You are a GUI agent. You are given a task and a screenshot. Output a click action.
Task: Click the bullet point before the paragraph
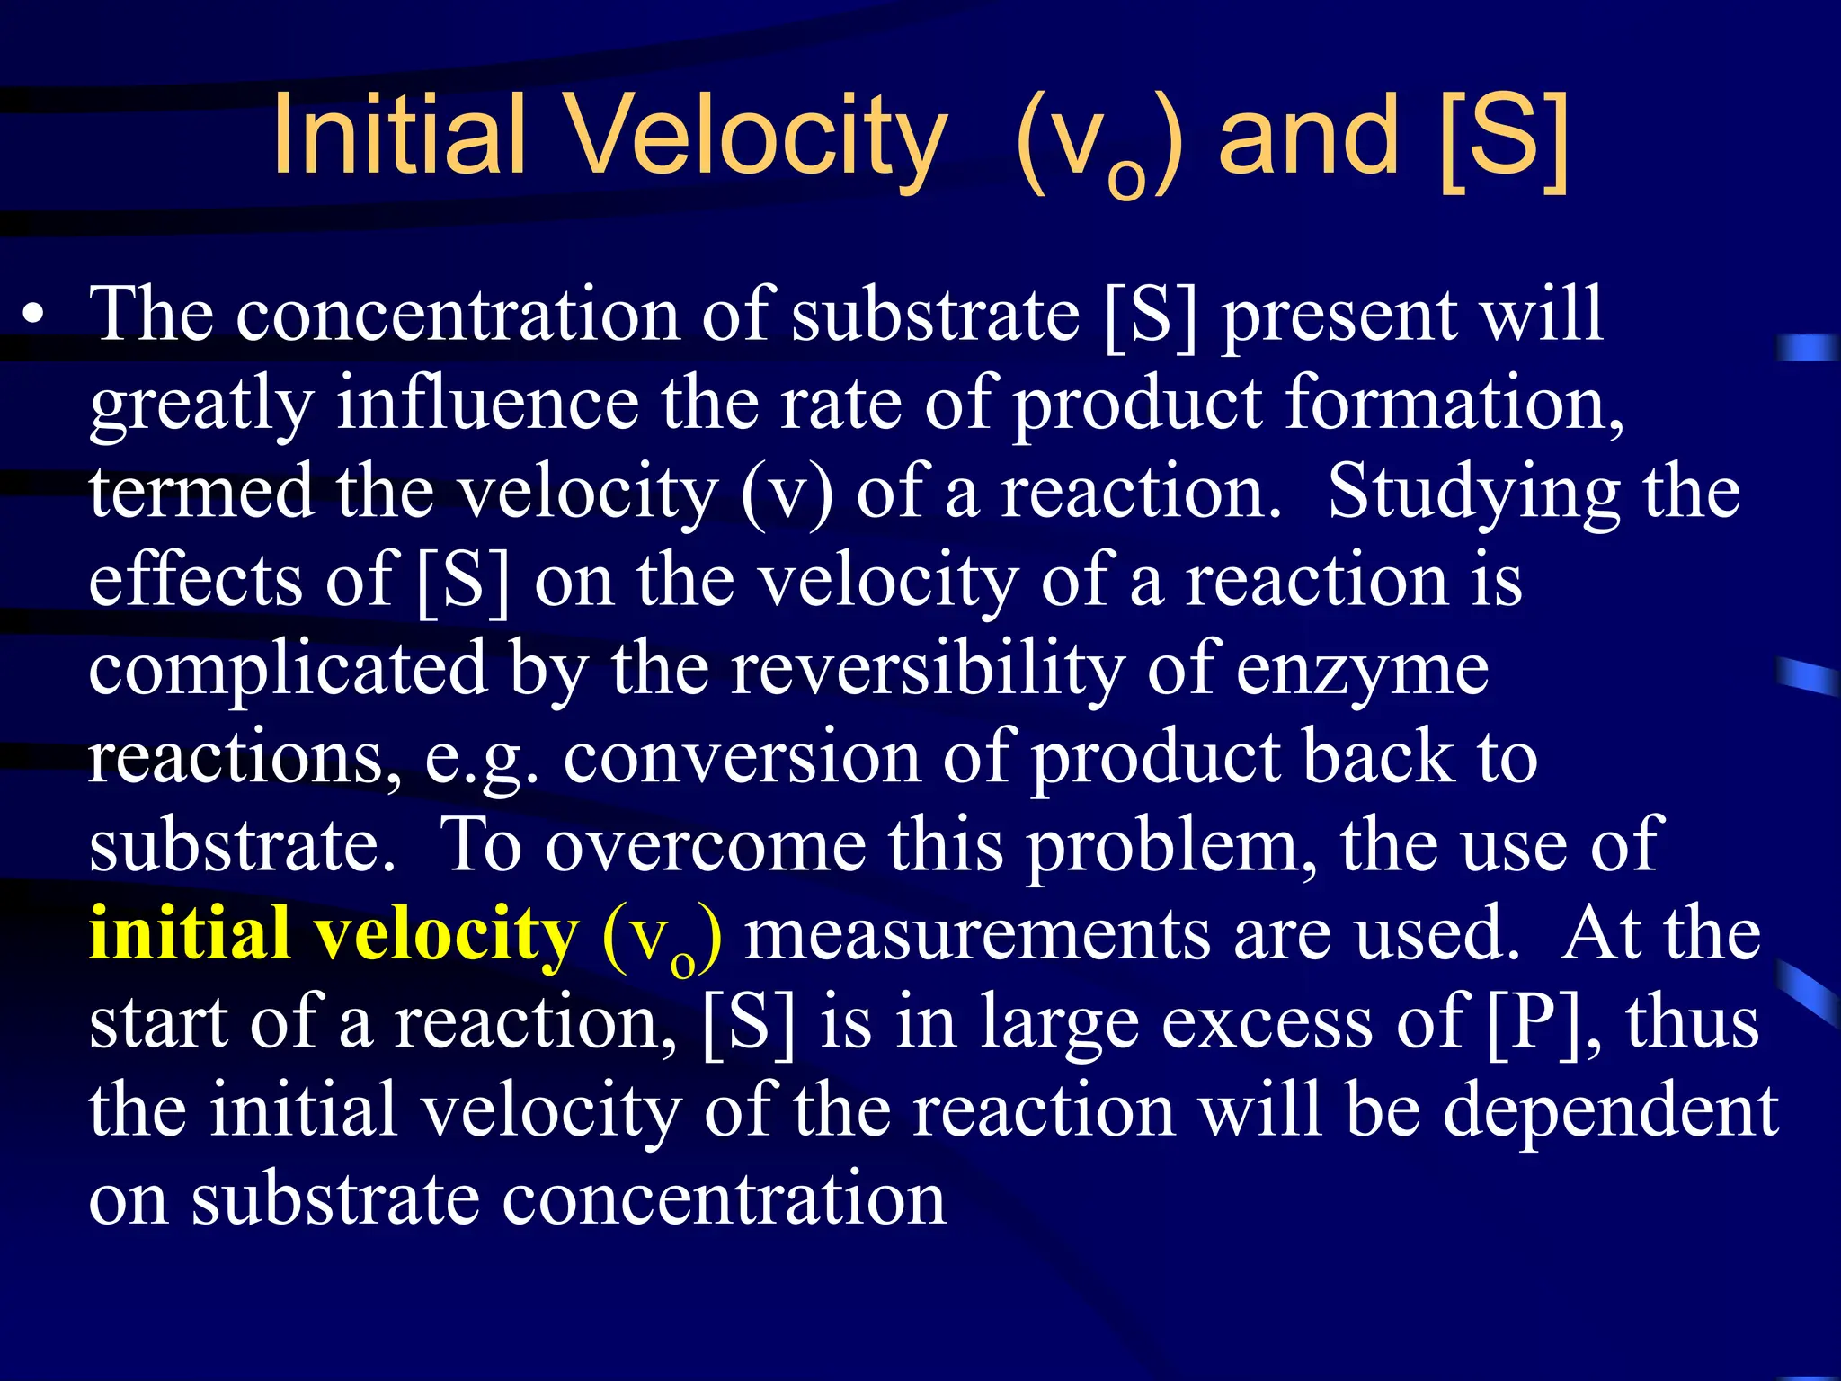[x=34, y=316]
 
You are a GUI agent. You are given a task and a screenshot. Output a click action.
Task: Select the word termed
[x=201, y=492]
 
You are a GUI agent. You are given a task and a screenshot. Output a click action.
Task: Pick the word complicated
[x=288, y=670]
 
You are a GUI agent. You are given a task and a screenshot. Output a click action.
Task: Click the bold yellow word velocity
[x=445, y=935]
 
